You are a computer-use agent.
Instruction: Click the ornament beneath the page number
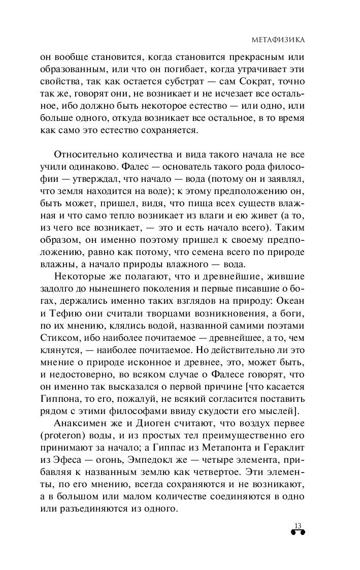coord(298,533)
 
